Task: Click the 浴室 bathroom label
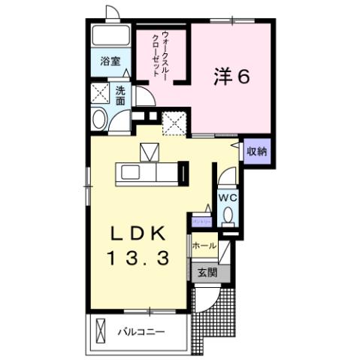coord(110,62)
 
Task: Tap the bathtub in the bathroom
coord(111,38)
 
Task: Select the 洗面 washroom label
coord(120,95)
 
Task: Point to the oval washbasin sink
coord(98,119)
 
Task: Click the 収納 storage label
coord(257,151)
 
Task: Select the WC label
coord(228,196)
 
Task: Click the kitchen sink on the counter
coord(127,174)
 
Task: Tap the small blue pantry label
coord(201,222)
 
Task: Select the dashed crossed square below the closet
coord(175,122)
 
